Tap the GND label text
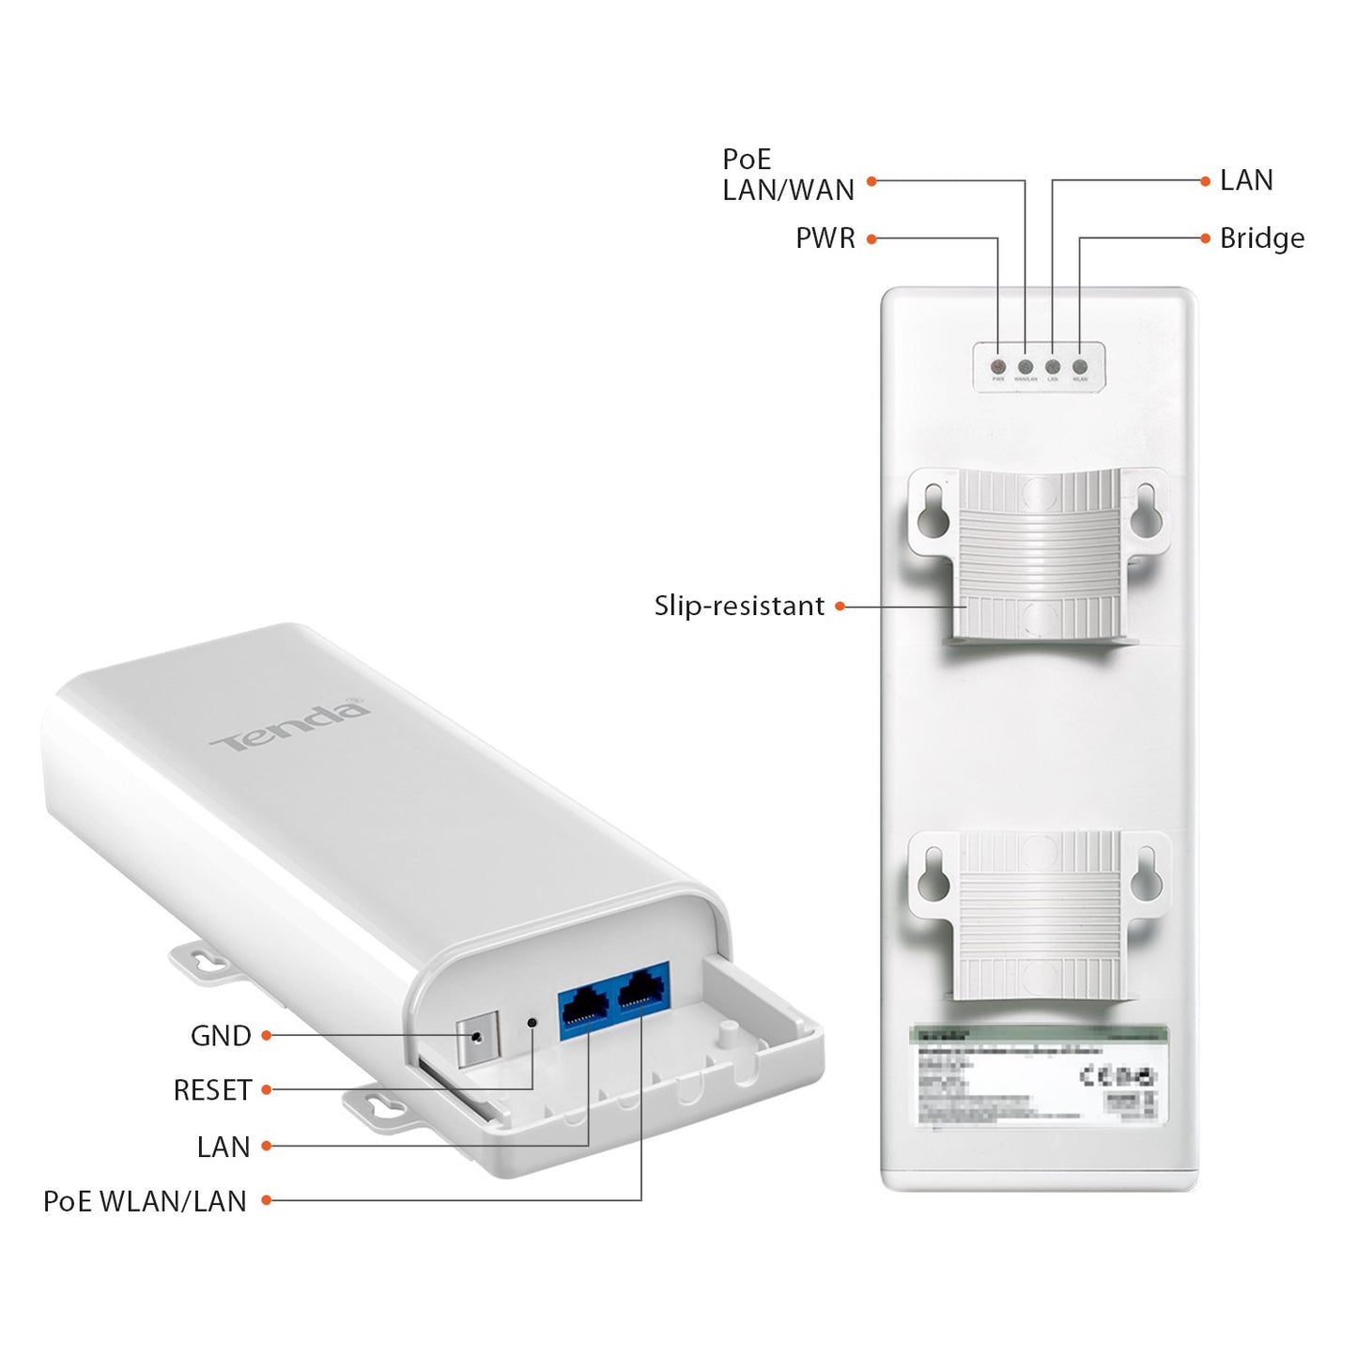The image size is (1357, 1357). (x=221, y=1036)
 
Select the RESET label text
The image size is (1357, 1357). (x=212, y=1090)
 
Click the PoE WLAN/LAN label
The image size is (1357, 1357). (x=145, y=1201)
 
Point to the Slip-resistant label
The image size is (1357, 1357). (x=739, y=607)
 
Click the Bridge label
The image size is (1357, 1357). (x=1261, y=239)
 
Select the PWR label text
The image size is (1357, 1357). (x=825, y=239)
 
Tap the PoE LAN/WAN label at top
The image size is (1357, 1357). (x=787, y=175)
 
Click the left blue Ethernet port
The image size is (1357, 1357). (x=585, y=1008)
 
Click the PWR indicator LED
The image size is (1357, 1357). (x=998, y=366)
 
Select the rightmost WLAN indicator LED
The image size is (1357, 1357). (x=1080, y=366)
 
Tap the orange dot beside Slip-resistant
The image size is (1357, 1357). (x=840, y=607)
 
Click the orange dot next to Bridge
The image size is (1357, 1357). (x=1206, y=239)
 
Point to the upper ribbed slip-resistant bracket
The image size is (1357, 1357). (x=1039, y=554)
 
